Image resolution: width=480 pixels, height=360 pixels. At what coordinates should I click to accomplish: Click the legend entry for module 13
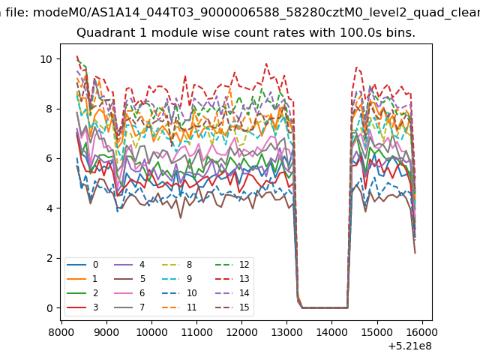click(232, 278)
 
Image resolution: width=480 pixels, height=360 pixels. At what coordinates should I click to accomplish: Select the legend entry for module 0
click(82, 265)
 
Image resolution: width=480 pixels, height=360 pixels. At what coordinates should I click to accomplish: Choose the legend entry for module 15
click(232, 307)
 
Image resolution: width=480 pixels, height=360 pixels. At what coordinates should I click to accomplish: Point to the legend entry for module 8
click(177, 265)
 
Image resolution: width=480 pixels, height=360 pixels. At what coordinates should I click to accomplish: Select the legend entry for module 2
click(82, 293)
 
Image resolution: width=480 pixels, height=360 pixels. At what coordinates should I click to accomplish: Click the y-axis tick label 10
click(46, 59)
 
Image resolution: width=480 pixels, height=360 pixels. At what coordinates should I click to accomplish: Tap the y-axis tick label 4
click(49, 208)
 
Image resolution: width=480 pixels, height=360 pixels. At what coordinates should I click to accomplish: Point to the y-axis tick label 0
click(49, 308)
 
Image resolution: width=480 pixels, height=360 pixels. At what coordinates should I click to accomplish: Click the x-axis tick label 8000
click(61, 332)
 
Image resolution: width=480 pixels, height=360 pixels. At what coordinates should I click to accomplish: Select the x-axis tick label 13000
click(286, 332)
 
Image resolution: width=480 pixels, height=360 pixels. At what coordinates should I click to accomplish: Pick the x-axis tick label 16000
click(422, 332)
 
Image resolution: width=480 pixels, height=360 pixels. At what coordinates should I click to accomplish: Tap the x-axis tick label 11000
click(196, 332)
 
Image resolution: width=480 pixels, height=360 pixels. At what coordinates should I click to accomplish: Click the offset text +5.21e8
click(410, 346)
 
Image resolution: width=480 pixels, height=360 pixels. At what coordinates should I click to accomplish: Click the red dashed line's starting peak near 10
click(77, 56)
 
